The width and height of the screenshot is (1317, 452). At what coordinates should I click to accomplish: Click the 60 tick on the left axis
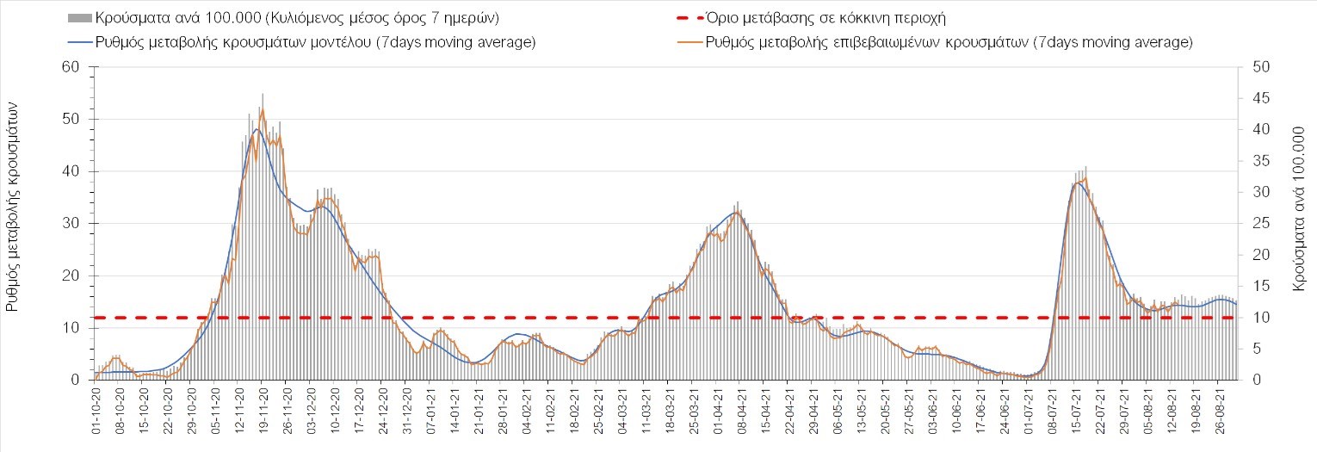coord(71,67)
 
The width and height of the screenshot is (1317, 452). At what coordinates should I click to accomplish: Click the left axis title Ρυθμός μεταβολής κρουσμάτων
coord(14,205)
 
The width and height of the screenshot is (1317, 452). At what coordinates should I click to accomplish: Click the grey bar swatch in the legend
coord(77,18)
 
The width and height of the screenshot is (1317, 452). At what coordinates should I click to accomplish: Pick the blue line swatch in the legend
coord(77,42)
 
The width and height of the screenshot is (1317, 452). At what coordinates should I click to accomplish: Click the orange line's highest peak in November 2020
coord(263,109)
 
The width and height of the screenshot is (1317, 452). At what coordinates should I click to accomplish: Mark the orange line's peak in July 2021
coord(1085,178)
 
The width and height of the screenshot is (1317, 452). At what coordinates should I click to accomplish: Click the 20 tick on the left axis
coord(71,276)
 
